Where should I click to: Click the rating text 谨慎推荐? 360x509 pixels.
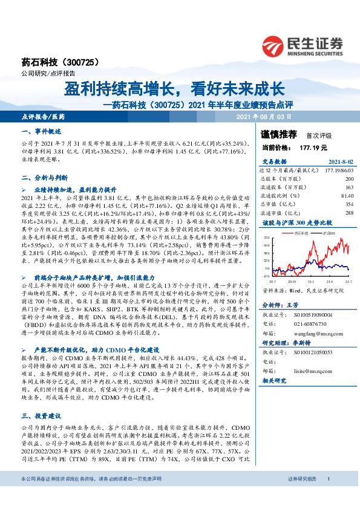279,134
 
